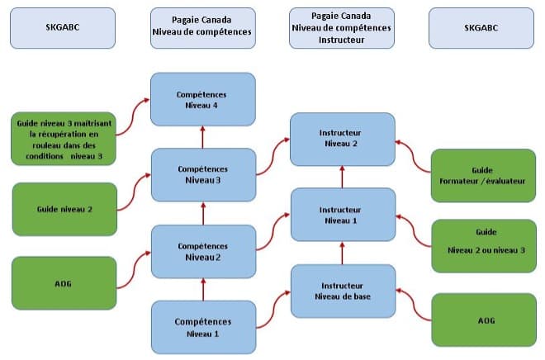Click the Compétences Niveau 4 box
pos(203,99)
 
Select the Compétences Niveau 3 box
pos(203,174)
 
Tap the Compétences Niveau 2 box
pos(203,251)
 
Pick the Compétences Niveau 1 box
pos(203,327)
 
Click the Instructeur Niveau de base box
pos(342,291)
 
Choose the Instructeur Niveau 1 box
pos(342,215)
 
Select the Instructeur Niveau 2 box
pos(342,138)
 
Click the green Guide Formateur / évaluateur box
pos(483,174)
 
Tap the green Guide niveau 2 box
pos(64,210)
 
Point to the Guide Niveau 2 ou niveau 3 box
pos(483,245)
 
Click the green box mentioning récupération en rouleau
pos(64,135)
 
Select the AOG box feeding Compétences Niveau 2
pos(64,282)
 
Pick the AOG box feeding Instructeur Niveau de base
pos(483,318)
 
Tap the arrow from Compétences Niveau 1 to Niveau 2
pos(203,290)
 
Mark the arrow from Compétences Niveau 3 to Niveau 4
pos(203,137)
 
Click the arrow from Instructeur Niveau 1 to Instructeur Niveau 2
pos(342,176)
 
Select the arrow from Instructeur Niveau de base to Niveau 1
pos(342,253)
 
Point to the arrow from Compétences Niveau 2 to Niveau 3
pos(203,213)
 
